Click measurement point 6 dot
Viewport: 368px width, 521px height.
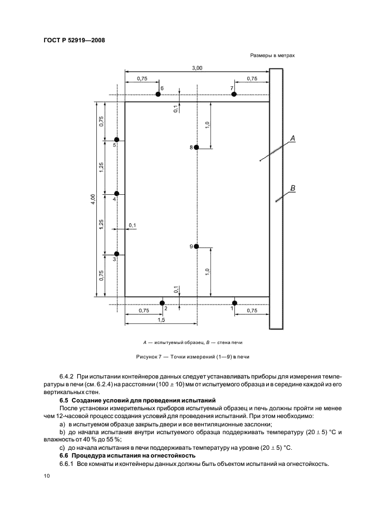click(x=158, y=95)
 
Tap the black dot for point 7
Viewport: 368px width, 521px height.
click(x=234, y=95)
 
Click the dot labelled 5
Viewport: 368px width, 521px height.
click(x=116, y=140)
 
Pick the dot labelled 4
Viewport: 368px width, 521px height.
click(x=116, y=194)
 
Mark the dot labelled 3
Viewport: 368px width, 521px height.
click(x=116, y=254)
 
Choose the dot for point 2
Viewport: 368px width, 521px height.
click(x=162, y=303)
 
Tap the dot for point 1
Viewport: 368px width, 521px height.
click(x=234, y=303)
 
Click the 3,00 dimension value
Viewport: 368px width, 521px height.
click(x=197, y=68)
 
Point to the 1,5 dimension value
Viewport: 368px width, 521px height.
click(x=161, y=320)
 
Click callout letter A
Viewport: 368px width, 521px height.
click(x=292, y=137)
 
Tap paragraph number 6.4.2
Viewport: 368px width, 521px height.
click(x=68, y=377)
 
